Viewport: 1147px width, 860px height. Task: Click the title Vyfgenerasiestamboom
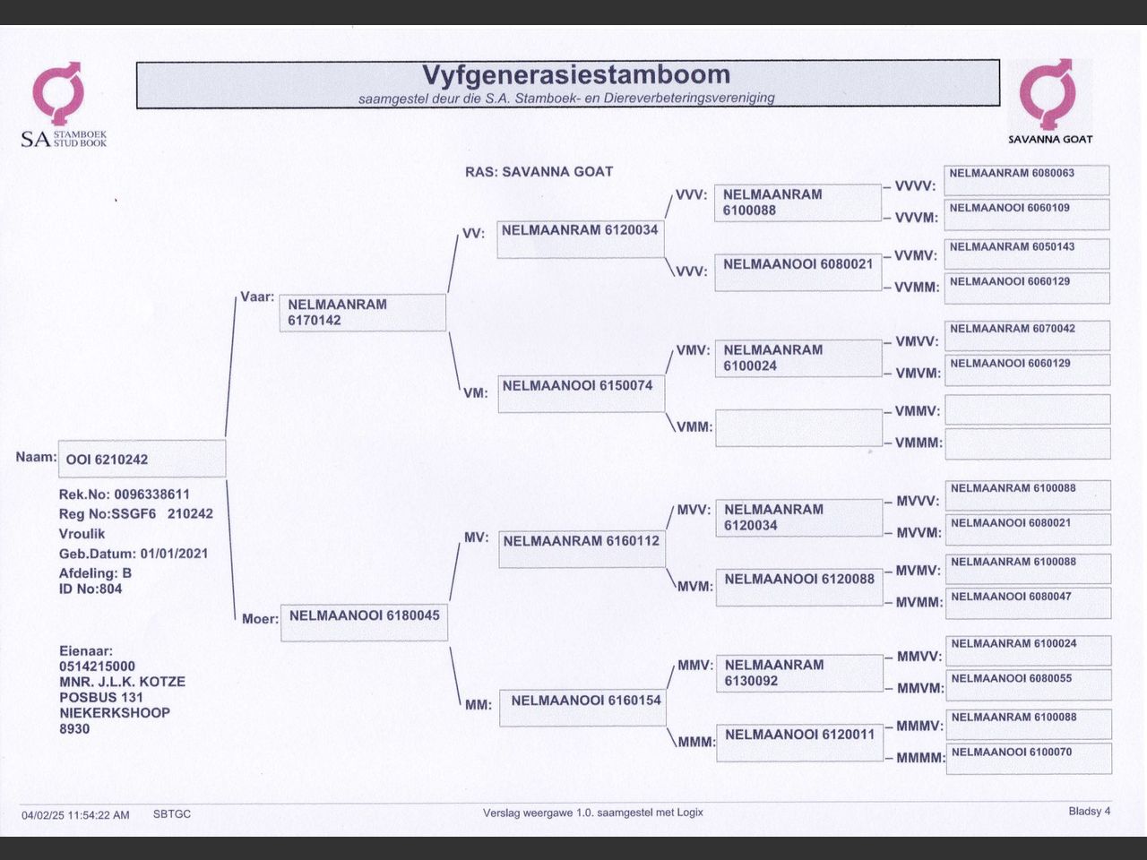(x=575, y=74)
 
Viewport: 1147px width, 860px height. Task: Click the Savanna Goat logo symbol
(x=1048, y=93)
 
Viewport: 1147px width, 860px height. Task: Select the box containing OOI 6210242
(x=142, y=459)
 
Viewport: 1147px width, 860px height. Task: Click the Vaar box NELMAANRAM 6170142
(x=362, y=313)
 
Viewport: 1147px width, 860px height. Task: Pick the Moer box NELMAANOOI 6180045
(x=364, y=623)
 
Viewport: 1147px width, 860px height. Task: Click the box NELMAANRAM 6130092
(x=799, y=673)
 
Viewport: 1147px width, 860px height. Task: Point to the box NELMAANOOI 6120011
(x=799, y=743)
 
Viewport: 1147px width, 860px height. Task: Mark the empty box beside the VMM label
(x=799, y=427)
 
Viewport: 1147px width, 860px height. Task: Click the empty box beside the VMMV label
(x=1027, y=409)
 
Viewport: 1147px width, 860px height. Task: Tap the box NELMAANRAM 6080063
(x=1027, y=179)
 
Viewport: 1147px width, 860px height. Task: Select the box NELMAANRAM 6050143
(x=1027, y=254)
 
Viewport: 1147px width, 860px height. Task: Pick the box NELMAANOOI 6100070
(x=1028, y=758)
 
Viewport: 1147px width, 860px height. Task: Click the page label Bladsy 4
(x=1089, y=812)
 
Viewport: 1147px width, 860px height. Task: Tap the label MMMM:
(x=920, y=758)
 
